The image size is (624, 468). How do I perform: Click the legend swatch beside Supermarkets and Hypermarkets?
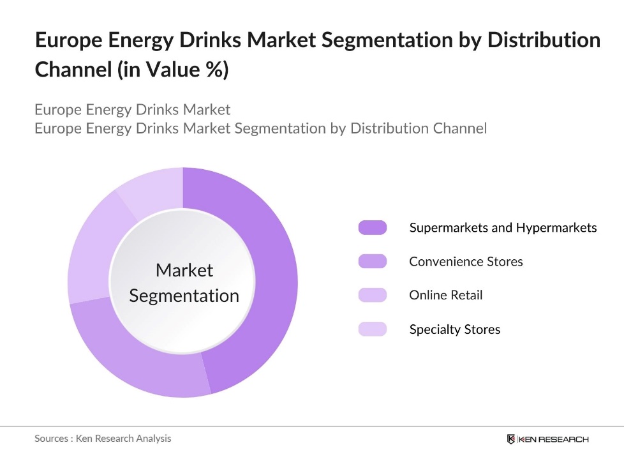click(373, 227)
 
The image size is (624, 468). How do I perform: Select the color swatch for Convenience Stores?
click(373, 261)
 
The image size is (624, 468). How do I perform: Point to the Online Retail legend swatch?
click(373, 295)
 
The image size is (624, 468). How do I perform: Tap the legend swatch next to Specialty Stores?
click(373, 329)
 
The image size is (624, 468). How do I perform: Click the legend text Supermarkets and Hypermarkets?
click(503, 227)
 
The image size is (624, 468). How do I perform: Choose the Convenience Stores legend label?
click(466, 261)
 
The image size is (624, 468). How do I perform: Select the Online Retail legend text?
click(445, 295)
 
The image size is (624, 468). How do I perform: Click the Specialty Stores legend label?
click(454, 329)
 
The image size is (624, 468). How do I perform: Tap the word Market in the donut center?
click(184, 270)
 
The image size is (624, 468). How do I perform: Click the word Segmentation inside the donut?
click(184, 296)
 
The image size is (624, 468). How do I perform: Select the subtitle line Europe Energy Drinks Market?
click(132, 109)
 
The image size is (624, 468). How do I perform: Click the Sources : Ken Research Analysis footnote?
click(103, 438)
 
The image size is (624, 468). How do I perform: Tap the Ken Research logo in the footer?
click(547, 439)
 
